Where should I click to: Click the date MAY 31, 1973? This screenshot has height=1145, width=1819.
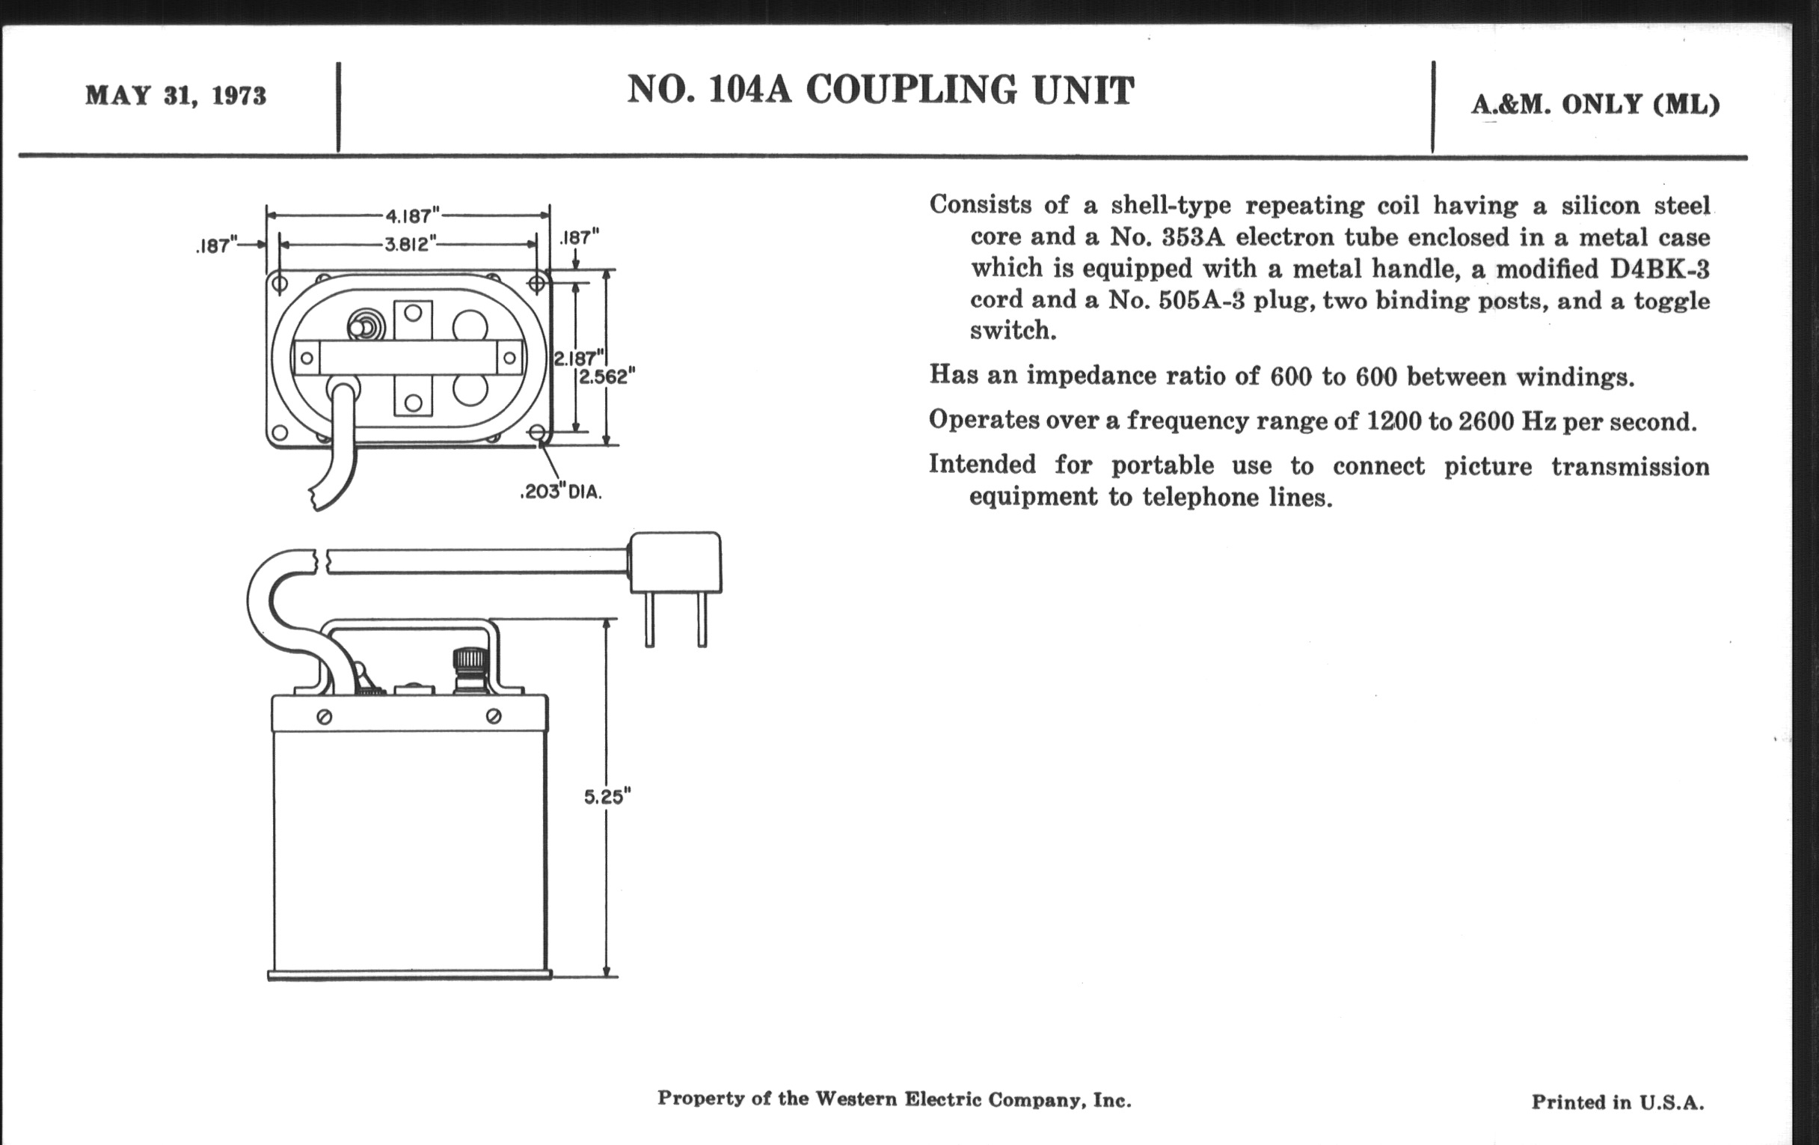[175, 97]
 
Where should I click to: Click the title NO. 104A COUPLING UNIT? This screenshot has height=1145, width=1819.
[880, 91]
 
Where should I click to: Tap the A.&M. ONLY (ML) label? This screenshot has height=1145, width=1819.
[1595, 105]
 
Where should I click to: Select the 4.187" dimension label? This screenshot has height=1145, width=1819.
[411, 216]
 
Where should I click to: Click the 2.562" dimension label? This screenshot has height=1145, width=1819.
[607, 376]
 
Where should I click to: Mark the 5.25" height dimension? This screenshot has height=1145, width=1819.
[607, 796]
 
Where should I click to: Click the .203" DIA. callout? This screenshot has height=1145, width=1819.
[560, 492]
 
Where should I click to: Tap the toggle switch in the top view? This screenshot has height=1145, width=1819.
[366, 327]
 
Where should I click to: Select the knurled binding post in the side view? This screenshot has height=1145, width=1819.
[467, 669]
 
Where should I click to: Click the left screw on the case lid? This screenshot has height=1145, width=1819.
[324, 716]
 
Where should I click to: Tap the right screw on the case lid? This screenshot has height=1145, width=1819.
[494, 715]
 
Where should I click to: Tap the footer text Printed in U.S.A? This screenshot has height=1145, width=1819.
[1617, 1102]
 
